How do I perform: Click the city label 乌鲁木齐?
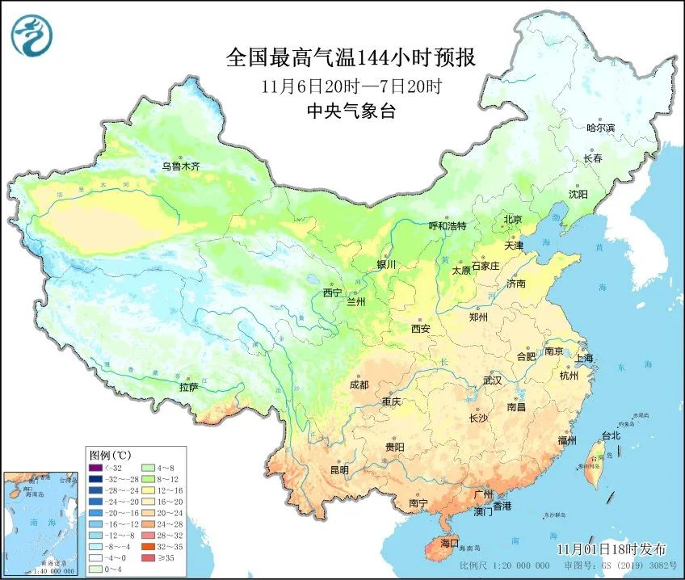click(179, 166)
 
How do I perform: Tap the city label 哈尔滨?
click(600, 128)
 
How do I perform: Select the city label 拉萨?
click(188, 388)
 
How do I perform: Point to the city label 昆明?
click(340, 469)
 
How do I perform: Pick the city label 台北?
click(611, 435)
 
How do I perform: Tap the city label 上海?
click(583, 358)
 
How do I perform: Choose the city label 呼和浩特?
click(447, 226)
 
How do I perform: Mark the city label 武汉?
click(492, 380)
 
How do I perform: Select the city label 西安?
click(421, 329)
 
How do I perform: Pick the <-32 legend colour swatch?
click(96, 467)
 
